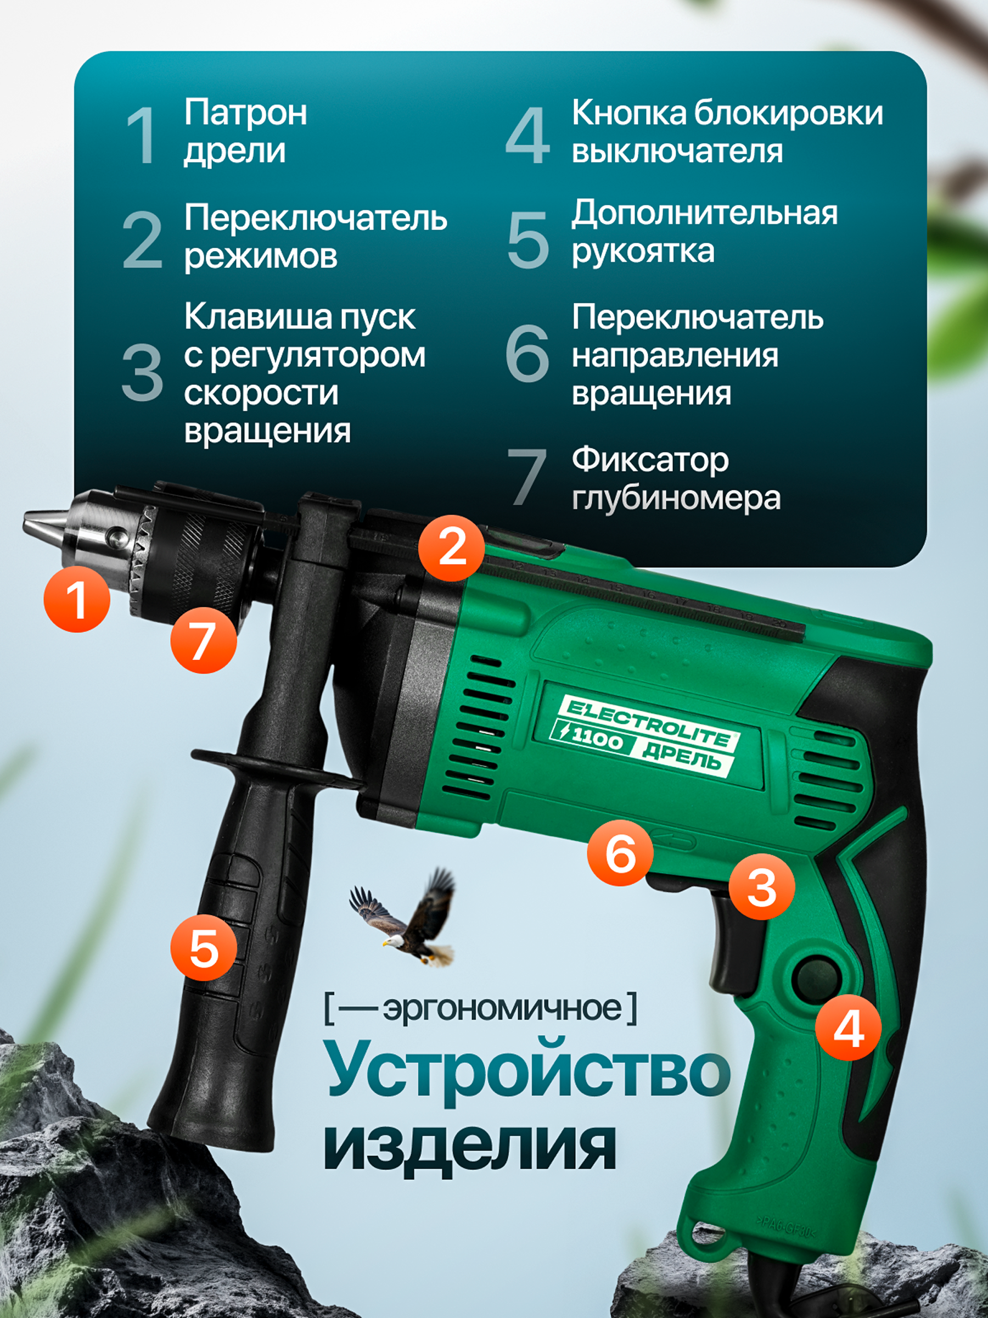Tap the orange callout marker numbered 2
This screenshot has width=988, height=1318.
(x=451, y=548)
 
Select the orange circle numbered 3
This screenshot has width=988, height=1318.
(x=762, y=888)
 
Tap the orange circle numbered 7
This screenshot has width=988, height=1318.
(x=204, y=640)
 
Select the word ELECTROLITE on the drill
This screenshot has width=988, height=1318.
(x=652, y=723)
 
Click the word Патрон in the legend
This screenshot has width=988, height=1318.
(x=245, y=113)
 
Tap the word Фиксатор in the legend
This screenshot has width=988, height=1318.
(x=650, y=461)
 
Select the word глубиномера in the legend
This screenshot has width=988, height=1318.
(x=676, y=498)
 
